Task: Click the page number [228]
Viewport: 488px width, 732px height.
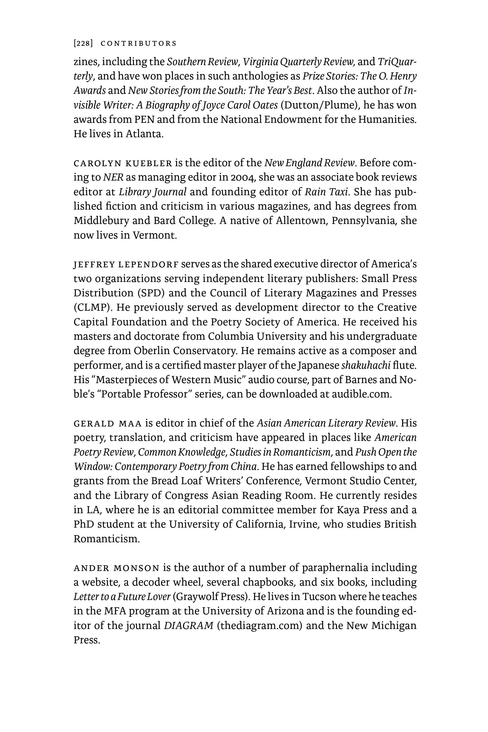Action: pos(83,43)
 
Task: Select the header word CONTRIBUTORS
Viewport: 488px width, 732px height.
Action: pos(139,43)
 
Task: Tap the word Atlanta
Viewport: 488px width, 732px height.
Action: pos(145,134)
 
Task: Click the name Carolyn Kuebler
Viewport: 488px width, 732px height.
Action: pos(123,163)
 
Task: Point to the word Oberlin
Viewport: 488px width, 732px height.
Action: pos(152,351)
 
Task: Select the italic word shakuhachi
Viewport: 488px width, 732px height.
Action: pos(366,365)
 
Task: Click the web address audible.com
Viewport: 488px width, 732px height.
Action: pos(361,394)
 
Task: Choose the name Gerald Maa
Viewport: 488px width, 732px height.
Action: pos(108,423)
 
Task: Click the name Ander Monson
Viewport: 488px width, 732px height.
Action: pos(116,568)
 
